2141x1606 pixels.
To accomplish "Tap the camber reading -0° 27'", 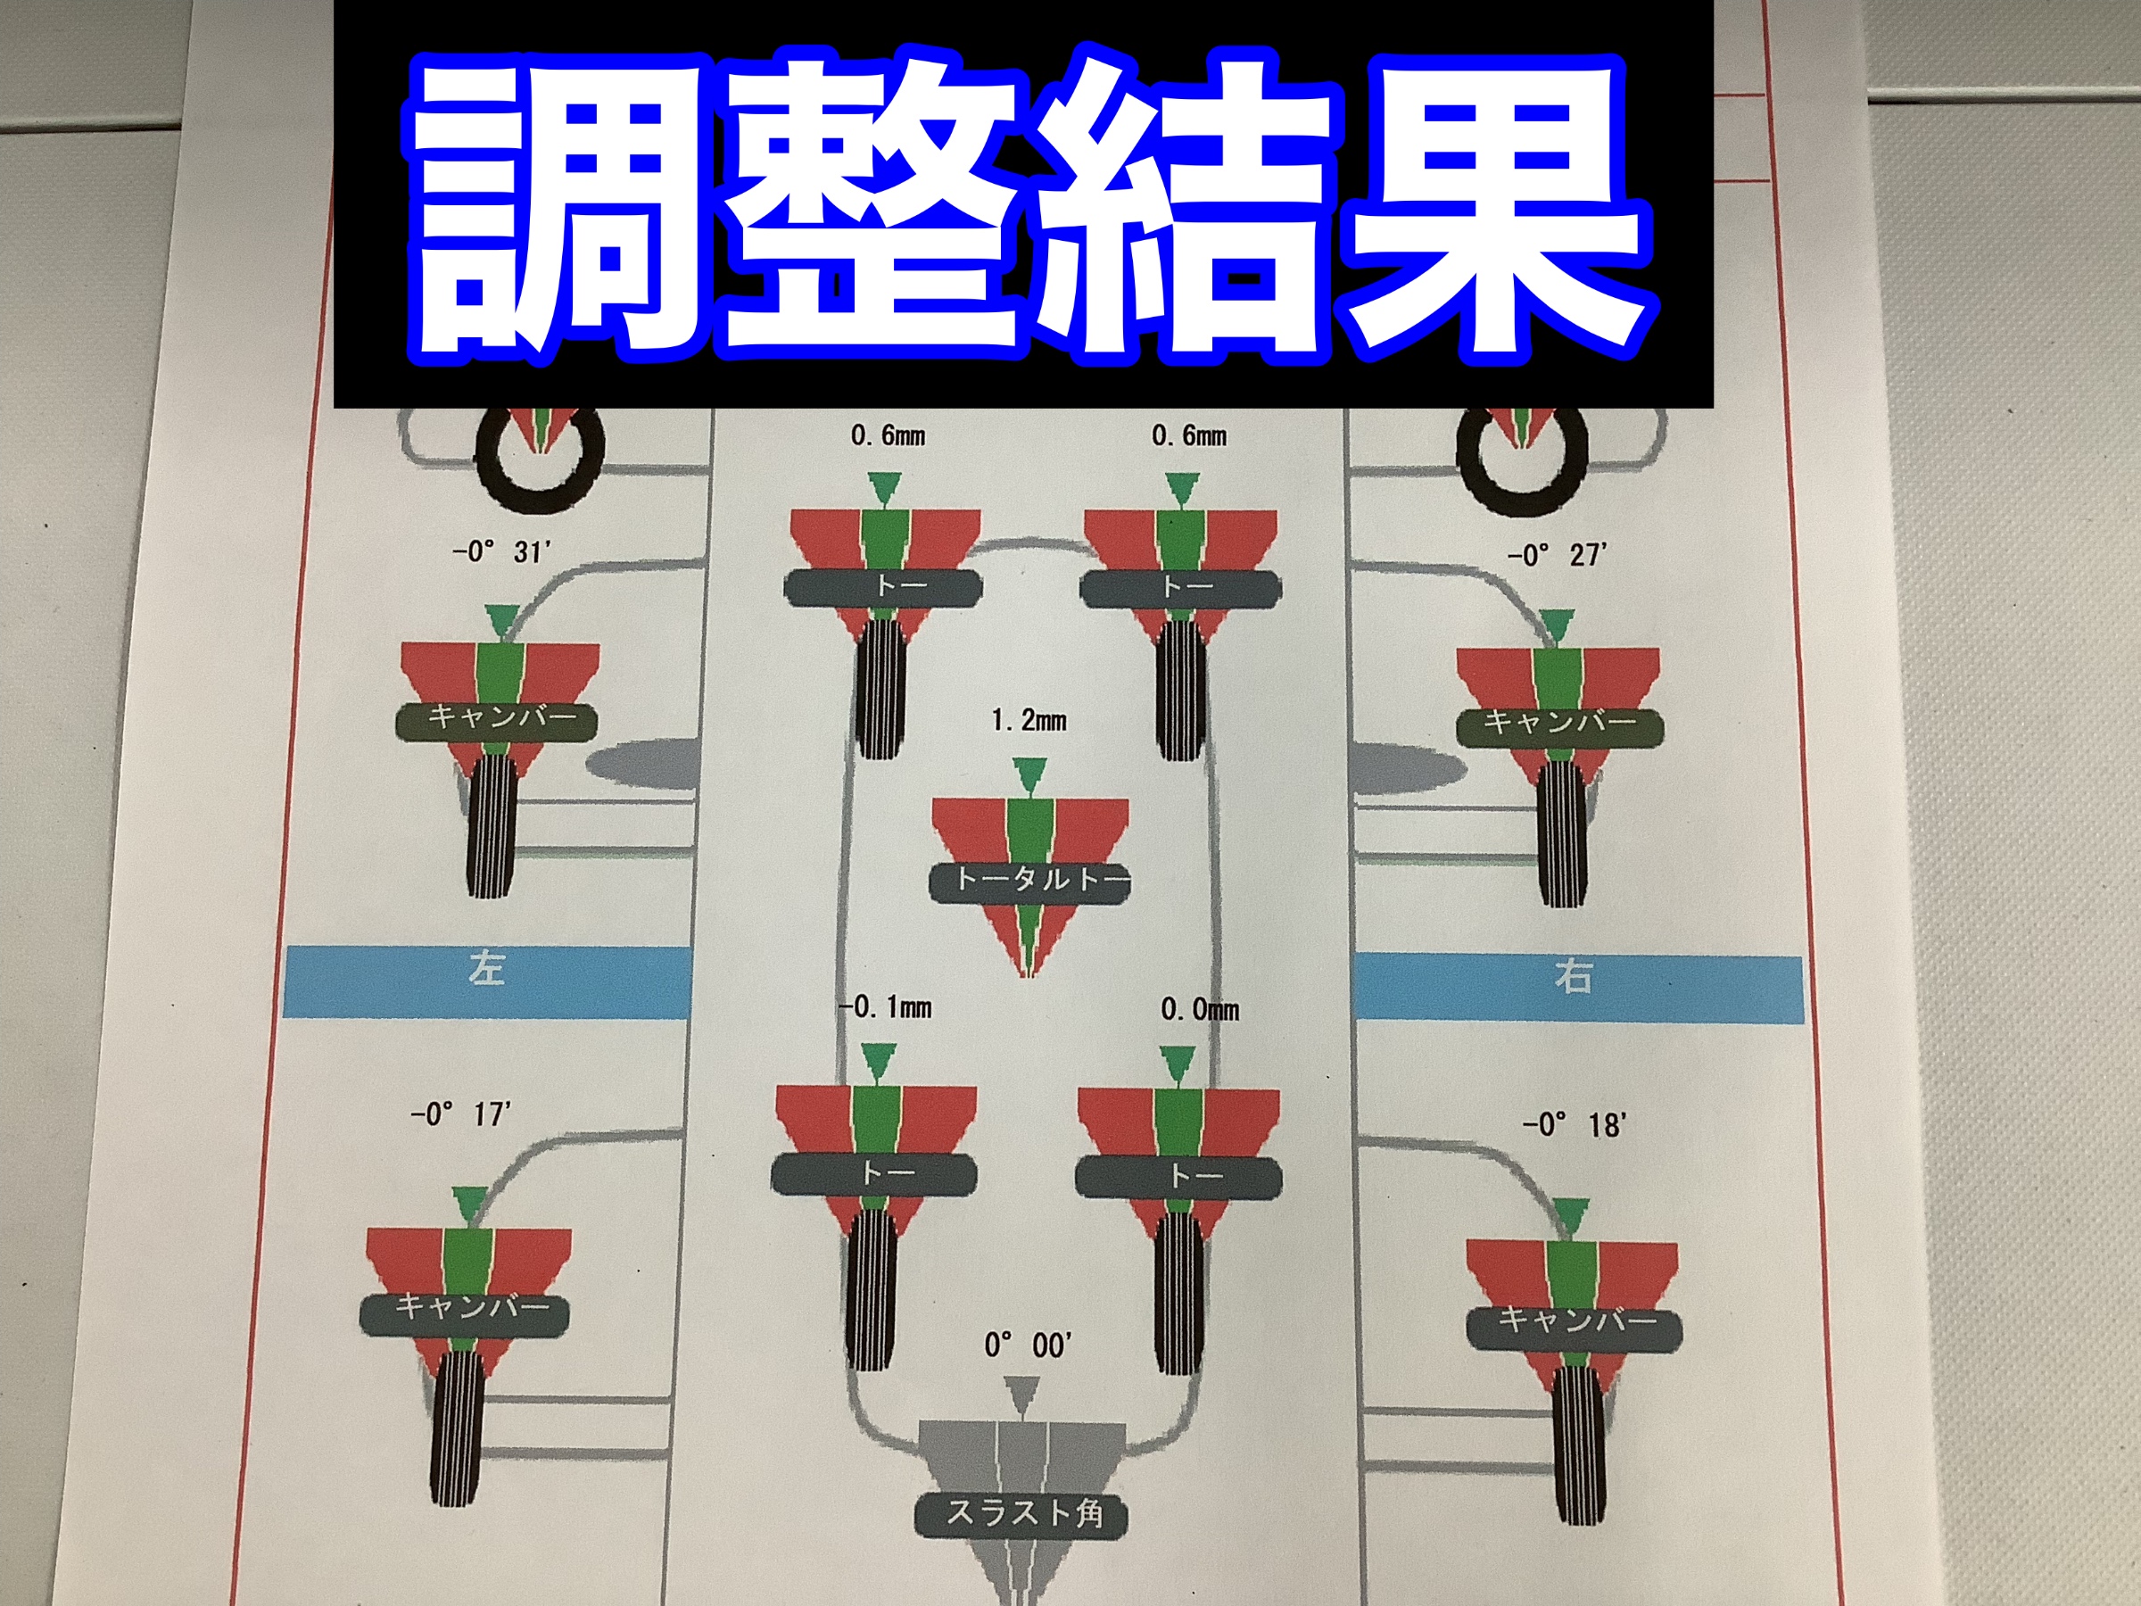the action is coord(1558,555).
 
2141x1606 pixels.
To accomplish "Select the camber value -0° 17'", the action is coord(460,1114).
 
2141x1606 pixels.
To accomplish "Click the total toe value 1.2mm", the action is coord(1029,720).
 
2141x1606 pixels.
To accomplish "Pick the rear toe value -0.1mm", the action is coord(886,1007).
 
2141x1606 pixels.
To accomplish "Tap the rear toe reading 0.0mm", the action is coord(1200,1011).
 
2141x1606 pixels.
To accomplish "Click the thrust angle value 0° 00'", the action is coord(1028,1345).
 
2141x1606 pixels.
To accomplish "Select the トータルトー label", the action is coord(1029,881).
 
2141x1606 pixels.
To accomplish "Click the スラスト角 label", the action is coord(1023,1513).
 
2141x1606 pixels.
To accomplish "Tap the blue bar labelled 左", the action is coord(487,981).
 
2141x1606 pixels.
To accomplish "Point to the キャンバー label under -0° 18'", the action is coord(1575,1320).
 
